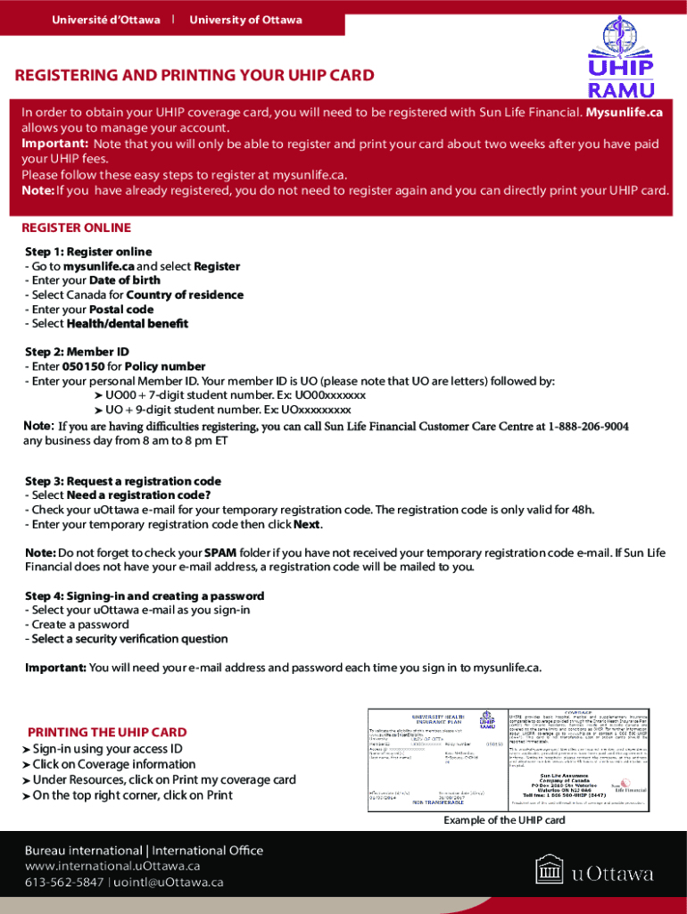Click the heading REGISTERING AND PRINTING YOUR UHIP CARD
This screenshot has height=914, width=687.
coord(195,75)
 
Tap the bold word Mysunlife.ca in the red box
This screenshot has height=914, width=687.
coord(624,112)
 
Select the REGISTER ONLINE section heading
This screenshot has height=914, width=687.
coord(76,228)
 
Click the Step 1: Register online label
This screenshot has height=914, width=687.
coord(88,252)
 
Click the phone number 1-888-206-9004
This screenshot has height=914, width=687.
coord(589,427)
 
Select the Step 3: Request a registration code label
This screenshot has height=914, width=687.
coord(123,481)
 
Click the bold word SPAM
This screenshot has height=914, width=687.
coord(220,553)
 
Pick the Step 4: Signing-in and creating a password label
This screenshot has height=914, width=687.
coord(145,596)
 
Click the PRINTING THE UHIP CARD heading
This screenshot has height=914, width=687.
coord(107,732)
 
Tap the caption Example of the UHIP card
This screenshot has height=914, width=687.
coord(504,820)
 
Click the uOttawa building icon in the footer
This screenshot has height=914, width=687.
coord(550,871)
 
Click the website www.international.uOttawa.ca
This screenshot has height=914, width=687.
coord(112,866)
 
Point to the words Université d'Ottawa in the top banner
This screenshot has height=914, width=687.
coord(106,20)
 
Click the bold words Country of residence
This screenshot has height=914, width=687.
coord(185,295)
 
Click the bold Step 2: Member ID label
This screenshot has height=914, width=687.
coord(77,353)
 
